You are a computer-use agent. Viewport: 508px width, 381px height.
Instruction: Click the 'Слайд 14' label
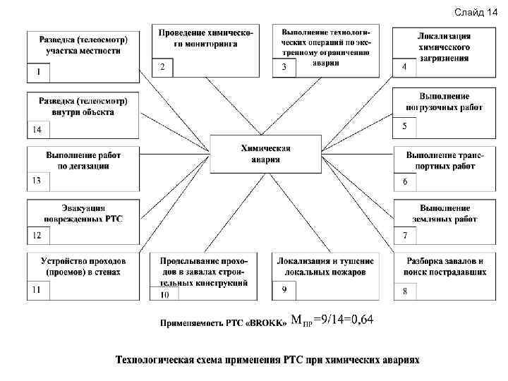(x=476, y=13)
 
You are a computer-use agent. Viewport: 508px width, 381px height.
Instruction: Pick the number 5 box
(x=405, y=126)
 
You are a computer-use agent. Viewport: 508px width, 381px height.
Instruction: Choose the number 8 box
(x=405, y=291)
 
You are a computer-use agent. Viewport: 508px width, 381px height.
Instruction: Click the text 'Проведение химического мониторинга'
(x=206, y=38)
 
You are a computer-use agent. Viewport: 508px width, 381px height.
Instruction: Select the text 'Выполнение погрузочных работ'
(x=444, y=102)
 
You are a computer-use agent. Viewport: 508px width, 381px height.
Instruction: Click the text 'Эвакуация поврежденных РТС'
(x=83, y=214)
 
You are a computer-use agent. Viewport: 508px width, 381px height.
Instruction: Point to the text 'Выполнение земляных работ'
(x=445, y=214)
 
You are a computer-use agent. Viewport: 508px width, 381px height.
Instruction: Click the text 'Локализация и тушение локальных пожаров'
(x=326, y=265)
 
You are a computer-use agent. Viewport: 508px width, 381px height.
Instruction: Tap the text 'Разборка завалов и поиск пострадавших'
(x=445, y=265)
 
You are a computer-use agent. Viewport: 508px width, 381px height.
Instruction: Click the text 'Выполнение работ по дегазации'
(x=83, y=160)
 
